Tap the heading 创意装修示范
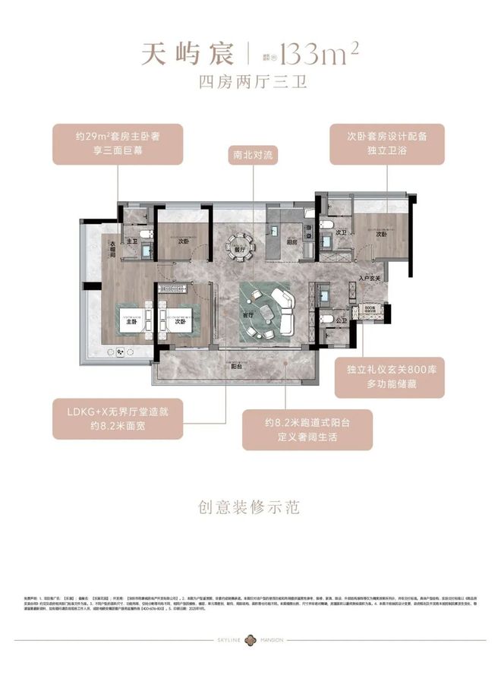[x=250, y=506]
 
